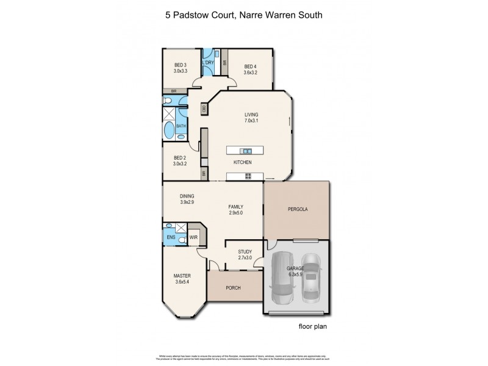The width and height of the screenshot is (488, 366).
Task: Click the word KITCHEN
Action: point(243,163)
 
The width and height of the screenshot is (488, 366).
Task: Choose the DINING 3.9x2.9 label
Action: point(187,198)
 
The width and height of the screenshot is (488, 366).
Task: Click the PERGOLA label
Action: point(297,209)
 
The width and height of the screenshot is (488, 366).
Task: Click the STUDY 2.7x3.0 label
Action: point(244,254)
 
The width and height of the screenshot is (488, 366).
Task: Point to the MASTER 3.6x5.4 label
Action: point(183,279)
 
